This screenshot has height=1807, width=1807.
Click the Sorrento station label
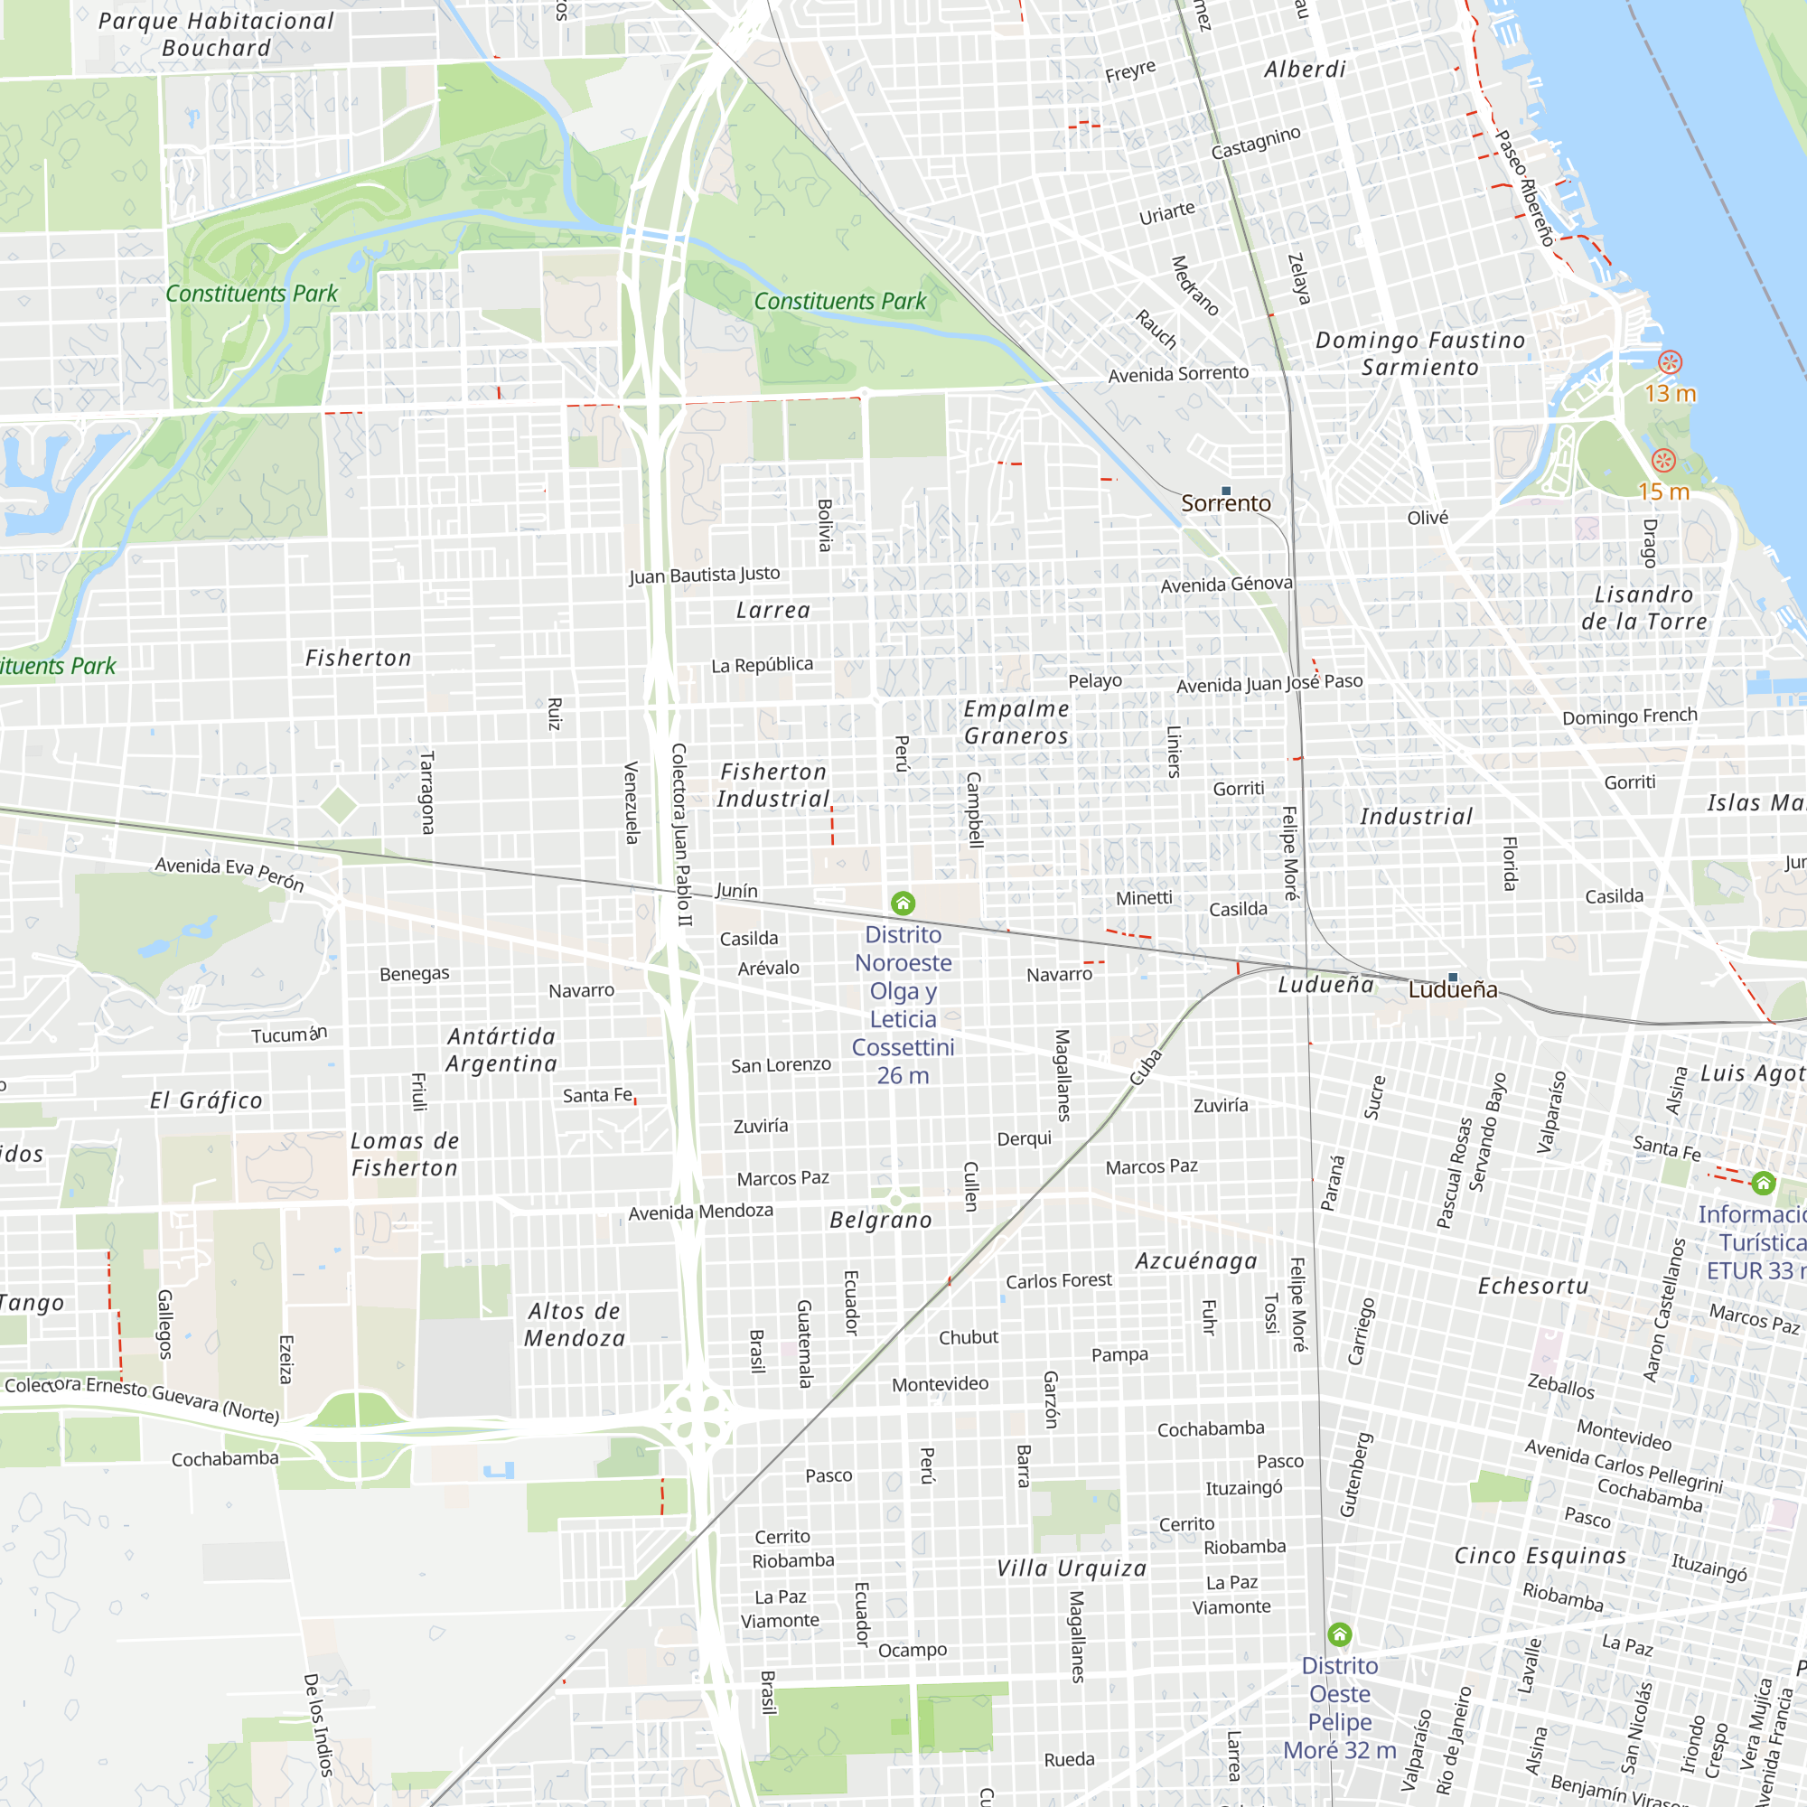[1225, 503]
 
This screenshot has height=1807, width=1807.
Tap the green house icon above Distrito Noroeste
[903, 903]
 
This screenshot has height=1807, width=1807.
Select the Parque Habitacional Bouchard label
[216, 34]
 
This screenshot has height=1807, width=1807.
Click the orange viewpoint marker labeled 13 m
[1670, 362]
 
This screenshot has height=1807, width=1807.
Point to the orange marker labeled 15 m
[1663, 460]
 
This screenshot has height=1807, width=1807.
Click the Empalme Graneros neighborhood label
[1016, 722]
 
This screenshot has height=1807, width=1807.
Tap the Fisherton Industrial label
[773, 785]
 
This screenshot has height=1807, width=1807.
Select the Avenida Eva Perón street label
[229, 873]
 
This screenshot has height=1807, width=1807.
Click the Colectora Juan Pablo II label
[681, 834]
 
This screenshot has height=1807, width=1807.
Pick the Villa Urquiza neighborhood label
[1071, 1568]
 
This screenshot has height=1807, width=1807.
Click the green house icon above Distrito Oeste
[1339, 1634]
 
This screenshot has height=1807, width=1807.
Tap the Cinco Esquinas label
[1540, 1556]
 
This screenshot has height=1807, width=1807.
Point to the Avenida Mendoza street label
[700, 1212]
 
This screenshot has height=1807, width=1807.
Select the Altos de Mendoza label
[575, 1325]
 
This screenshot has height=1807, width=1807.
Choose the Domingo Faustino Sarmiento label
[1419, 353]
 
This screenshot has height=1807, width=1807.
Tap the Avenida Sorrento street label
[1177, 374]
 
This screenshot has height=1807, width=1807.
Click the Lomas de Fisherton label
[404, 1154]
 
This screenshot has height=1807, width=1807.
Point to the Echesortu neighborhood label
[1533, 1286]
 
